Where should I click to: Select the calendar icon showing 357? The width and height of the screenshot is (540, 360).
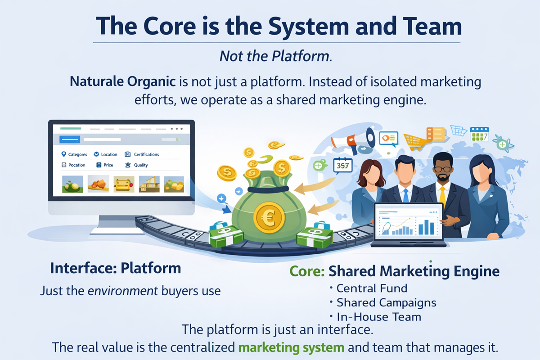coord(342,166)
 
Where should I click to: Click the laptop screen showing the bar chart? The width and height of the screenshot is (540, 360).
coord(409,223)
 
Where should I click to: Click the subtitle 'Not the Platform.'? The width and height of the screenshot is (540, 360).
coord(276,56)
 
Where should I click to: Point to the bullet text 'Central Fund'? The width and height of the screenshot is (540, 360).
coord(371,288)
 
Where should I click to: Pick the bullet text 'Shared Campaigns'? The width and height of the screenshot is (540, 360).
coord(386,302)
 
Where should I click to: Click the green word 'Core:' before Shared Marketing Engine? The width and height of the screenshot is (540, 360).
coord(307,271)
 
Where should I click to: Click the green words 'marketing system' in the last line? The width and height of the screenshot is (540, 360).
coord(292,347)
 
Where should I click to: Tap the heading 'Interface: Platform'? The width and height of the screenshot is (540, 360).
coord(116,269)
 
